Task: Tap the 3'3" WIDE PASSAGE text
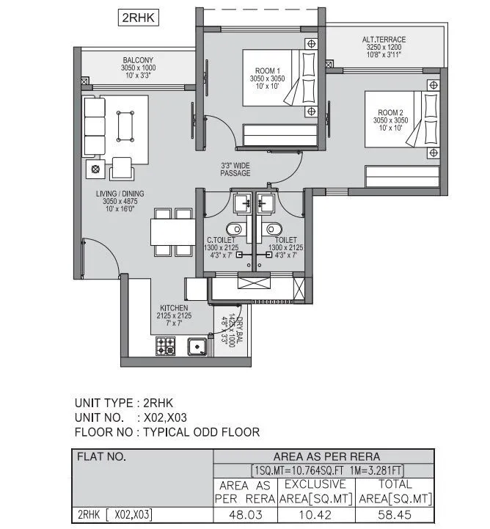[235, 169]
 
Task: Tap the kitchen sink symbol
[197, 346]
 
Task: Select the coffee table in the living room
[125, 126]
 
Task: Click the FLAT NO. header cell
[102, 457]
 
